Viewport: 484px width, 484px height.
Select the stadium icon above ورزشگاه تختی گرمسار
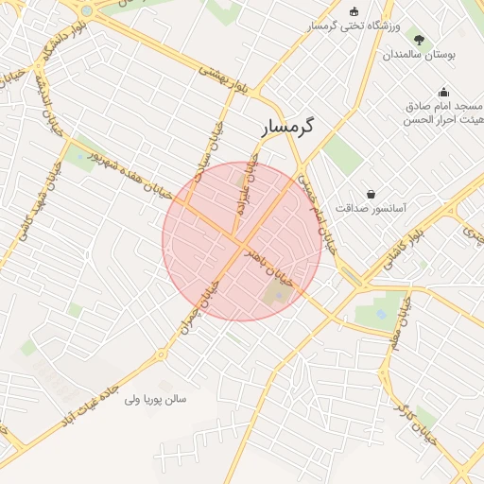pyautogui.click(x=354, y=11)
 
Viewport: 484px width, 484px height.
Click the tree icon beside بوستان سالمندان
pyautogui.click(x=419, y=40)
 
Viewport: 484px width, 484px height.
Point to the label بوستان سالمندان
pyautogui.click(x=419, y=55)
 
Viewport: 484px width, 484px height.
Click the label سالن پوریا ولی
pyautogui.click(x=156, y=399)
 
